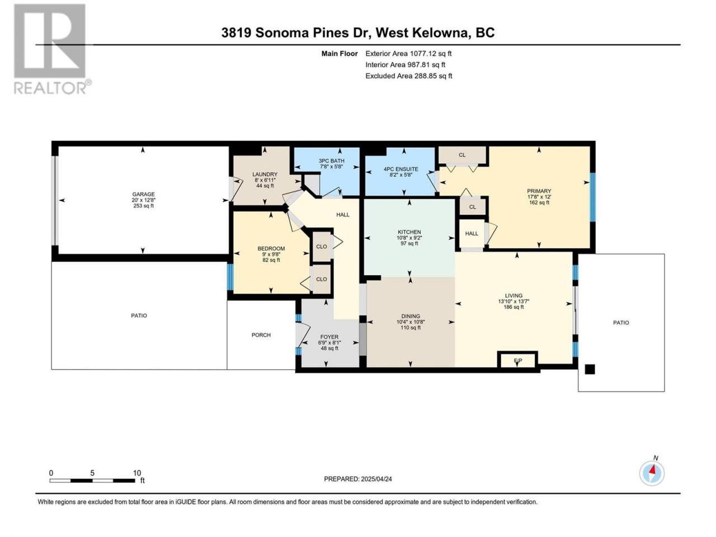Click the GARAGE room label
pos(143,194)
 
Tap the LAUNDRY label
pos(265,175)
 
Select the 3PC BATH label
pos(331,161)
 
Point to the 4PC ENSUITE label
pos(401,169)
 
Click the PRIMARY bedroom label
pos(539,191)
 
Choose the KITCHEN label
pos(409,232)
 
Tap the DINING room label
pos(411,316)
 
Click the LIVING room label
pos(514,296)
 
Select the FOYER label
pos(329,337)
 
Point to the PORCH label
pos(261,335)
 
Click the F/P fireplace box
pos(517,360)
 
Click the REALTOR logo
pos(52,49)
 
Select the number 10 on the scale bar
pos(137,473)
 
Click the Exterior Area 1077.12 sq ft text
pos(408,54)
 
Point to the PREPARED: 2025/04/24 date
pos(358,479)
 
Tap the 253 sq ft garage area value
pos(143,206)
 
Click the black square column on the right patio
pos(590,369)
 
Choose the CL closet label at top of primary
pos(462,155)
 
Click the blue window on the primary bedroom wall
pos(593,197)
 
